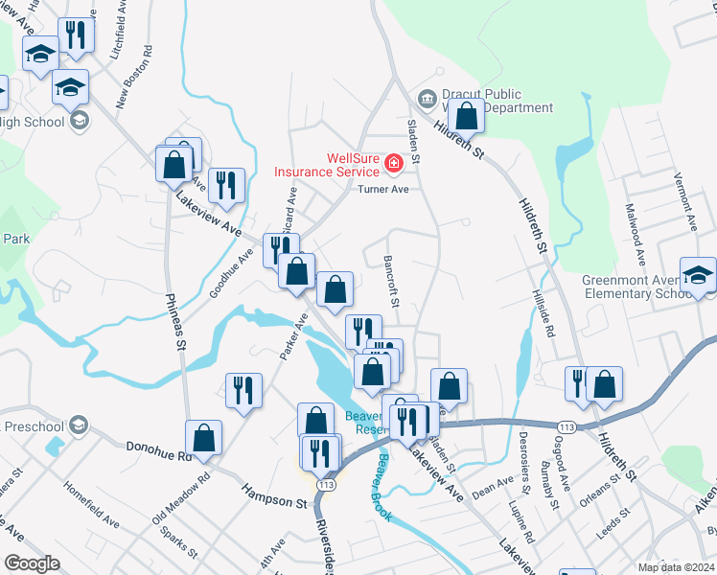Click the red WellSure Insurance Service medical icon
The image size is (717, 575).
point(392,165)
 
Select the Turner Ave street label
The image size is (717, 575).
point(383,190)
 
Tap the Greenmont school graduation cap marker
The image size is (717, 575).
point(698,277)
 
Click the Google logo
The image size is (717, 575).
point(32,563)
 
